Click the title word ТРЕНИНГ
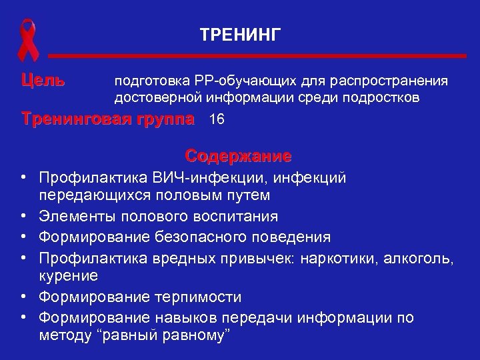coord(241,33)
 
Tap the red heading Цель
coord(43,81)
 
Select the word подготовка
coord(147,82)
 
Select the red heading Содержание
coord(239,157)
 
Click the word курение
coord(69,275)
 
